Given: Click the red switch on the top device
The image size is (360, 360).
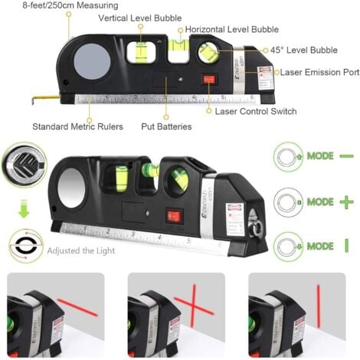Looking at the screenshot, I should click(208, 79).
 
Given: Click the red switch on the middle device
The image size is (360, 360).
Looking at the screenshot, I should click(174, 217).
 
